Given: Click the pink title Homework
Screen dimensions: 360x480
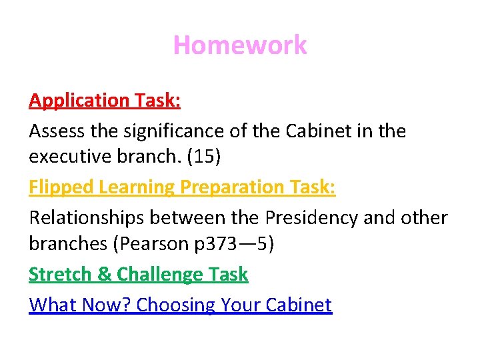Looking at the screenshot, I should (240, 45).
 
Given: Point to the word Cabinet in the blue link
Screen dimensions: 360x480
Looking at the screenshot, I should (298, 305).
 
